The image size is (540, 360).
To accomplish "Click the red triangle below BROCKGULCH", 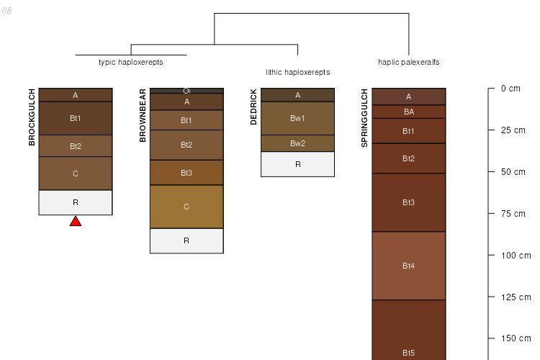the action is point(76,222).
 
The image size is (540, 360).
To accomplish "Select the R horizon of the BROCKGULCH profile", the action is point(76,202).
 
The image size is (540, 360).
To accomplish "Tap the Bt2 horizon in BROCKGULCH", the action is point(76,145).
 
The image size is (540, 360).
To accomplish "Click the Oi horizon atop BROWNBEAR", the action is point(186,91).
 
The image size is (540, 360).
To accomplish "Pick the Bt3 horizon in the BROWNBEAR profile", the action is point(186,173).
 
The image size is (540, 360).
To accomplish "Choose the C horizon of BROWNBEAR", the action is point(186,207).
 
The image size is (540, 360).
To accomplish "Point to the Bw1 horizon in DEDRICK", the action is point(297,118).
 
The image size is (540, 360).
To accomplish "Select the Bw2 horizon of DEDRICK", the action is point(297,143).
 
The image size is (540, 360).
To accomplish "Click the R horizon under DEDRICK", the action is point(297,164).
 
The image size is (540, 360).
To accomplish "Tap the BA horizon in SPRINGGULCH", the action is point(409,112).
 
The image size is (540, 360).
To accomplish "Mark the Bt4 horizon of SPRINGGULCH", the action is point(409,266).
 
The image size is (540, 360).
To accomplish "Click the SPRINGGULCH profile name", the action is point(364,118).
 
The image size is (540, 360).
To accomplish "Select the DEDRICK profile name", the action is point(253,107).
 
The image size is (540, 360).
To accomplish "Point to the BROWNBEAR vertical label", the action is point(143,115).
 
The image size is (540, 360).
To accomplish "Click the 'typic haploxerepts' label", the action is point(131,63).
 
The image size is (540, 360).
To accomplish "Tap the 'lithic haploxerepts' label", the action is point(298,72).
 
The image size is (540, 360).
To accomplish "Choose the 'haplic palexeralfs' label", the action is point(409,63).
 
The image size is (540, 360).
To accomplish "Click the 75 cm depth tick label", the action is point(513,214).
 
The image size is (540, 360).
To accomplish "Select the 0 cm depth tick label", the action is point(510,89).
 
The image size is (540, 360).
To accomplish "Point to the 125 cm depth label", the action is point(516,297).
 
